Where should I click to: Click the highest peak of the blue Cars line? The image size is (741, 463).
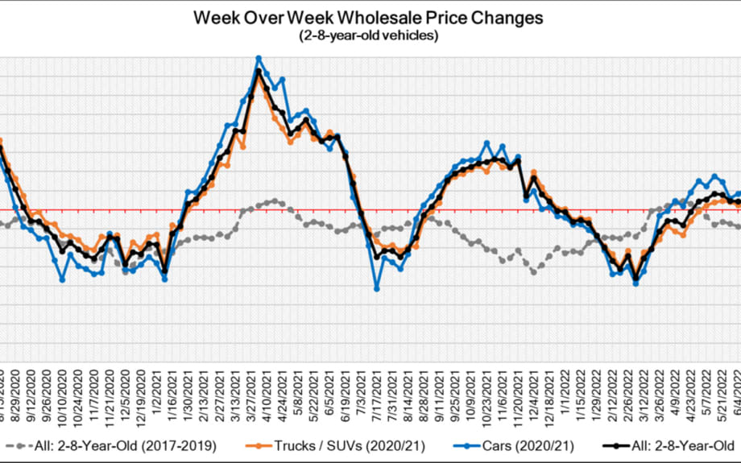coord(259,58)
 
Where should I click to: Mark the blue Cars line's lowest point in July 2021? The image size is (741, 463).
coord(376,288)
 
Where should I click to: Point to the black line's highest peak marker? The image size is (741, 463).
coord(259,71)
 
